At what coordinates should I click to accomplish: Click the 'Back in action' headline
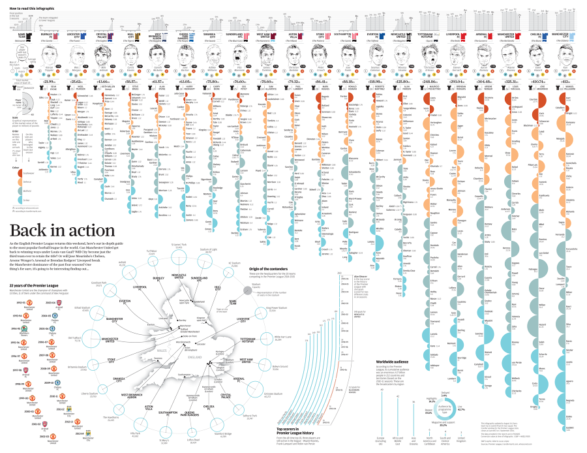[62, 230]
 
